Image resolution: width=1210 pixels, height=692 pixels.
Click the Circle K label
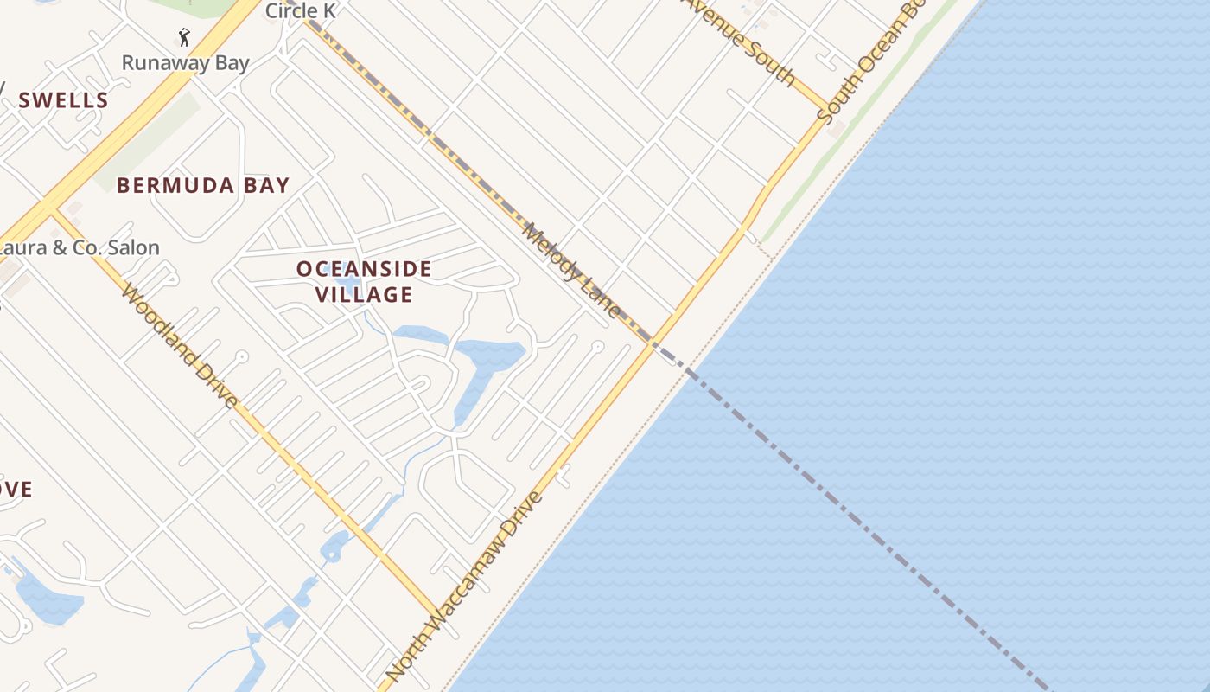[300, 10]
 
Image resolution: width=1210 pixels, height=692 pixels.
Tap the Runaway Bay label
[185, 62]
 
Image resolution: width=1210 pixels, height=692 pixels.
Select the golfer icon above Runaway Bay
[183, 37]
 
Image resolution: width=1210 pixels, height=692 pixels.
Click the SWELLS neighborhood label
[64, 100]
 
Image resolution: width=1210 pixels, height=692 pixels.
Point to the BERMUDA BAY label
[203, 185]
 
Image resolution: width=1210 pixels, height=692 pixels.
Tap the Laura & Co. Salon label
[85, 248]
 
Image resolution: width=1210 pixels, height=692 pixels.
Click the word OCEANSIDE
[364, 269]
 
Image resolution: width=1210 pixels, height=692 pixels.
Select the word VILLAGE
[364, 295]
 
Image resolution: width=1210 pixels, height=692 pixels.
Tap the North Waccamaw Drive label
[465, 586]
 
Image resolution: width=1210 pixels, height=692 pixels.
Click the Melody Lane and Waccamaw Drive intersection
[653, 343]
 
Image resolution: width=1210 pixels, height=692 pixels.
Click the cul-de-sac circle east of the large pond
[596, 346]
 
